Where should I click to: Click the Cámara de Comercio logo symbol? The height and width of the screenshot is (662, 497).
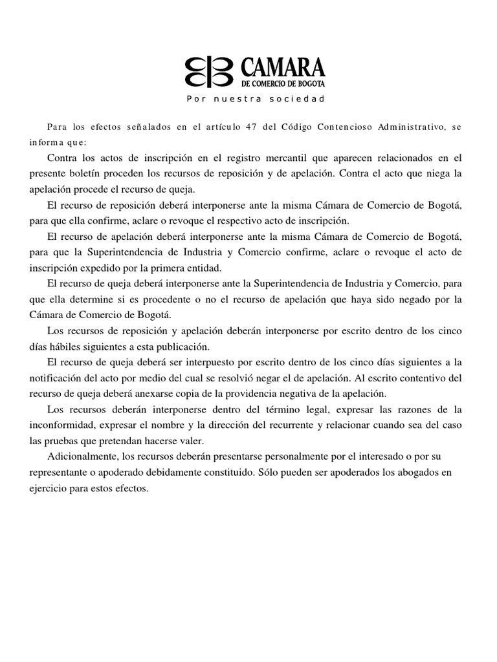point(211,71)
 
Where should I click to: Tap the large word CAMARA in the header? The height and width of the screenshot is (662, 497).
point(282,67)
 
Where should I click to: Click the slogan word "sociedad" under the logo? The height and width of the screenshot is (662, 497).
point(301,100)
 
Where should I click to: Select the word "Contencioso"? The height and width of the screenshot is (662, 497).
point(349,127)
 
